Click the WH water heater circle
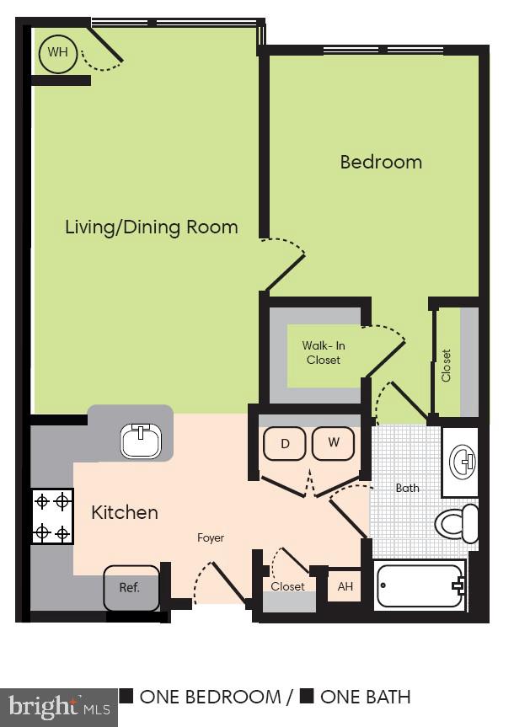pyautogui.click(x=57, y=54)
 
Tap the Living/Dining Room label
pyautogui.click(x=152, y=227)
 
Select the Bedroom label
pyautogui.click(x=381, y=162)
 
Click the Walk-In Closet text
pyautogui.click(x=324, y=353)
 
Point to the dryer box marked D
pyautogui.click(x=286, y=444)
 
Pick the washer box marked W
pyautogui.click(x=333, y=444)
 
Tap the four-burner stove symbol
pyautogui.click(x=52, y=517)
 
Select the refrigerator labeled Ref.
pyautogui.click(x=131, y=588)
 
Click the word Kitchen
pyautogui.click(x=125, y=512)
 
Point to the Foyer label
pyautogui.click(x=211, y=537)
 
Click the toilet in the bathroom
pyautogui.click(x=458, y=524)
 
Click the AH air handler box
pyautogui.click(x=345, y=586)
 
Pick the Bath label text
pyautogui.click(x=408, y=488)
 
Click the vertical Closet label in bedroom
pyautogui.click(x=447, y=366)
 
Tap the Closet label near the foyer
pyautogui.click(x=287, y=586)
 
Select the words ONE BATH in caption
pyautogui.click(x=365, y=697)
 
